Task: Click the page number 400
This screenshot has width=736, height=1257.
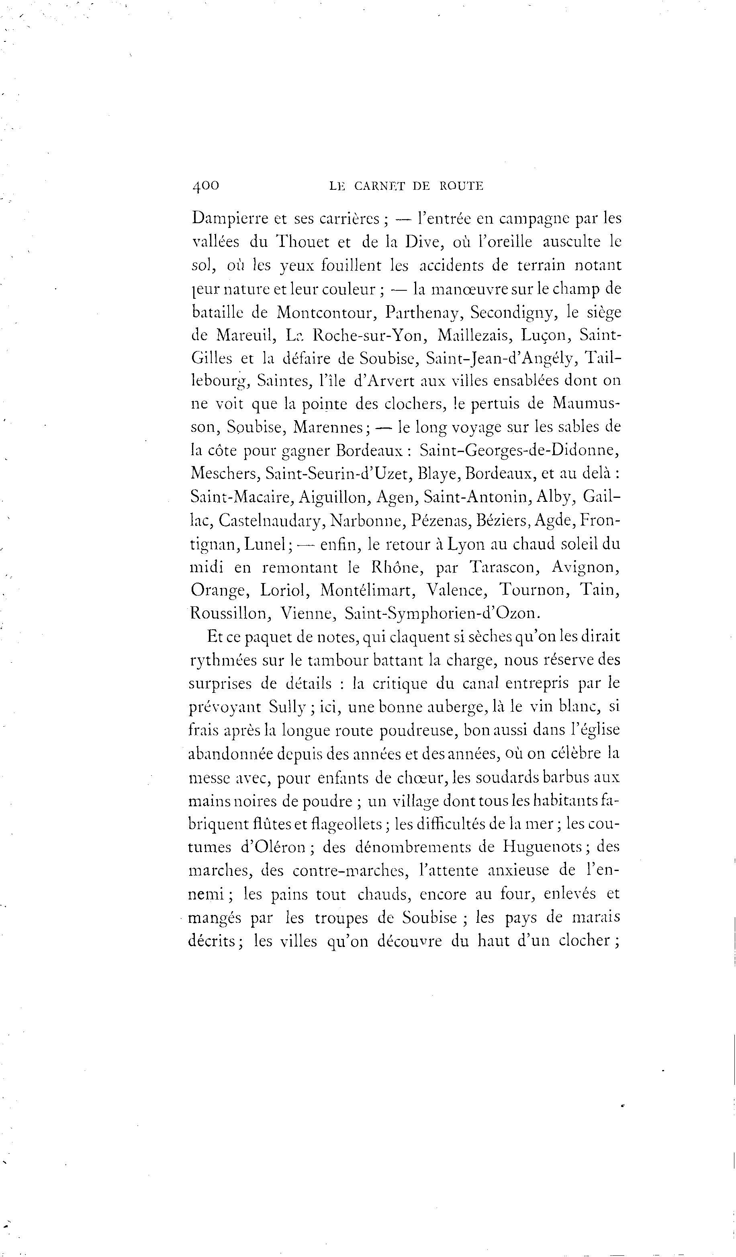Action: click(x=205, y=185)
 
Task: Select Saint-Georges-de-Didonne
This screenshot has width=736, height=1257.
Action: click(x=519, y=451)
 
